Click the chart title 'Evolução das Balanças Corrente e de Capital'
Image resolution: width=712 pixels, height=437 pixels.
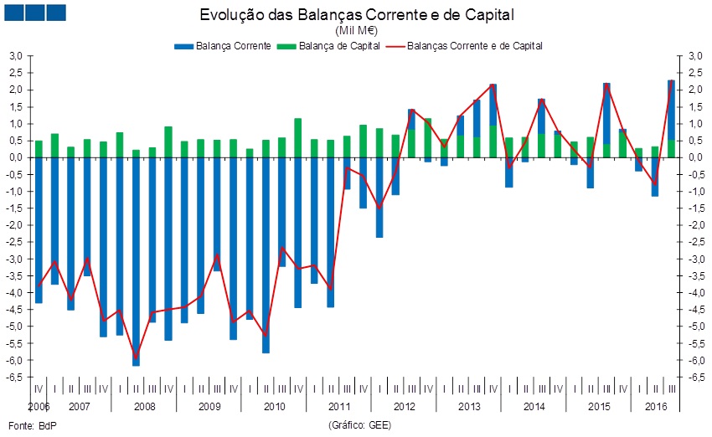(x=356, y=15)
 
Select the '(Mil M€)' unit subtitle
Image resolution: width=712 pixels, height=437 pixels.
(x=356, y=30)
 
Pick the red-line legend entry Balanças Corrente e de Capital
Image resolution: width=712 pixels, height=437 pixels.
(x=474, y=45)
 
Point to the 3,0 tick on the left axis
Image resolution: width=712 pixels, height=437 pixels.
(x=15, y=56)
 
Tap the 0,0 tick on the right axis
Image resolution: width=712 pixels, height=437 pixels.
(x=694, y=157)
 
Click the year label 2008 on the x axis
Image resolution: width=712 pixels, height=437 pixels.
(x=144, y=407)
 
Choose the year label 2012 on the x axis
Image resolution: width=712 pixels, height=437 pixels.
(x=405, y=407)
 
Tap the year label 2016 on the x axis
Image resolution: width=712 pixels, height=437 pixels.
(x=655, y=407)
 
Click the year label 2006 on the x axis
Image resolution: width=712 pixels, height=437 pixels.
(x=39, y=407)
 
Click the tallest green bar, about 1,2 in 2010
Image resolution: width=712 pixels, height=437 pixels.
(x=298, y=138)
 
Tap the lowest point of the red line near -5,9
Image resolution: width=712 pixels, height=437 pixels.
(x=136, y=357)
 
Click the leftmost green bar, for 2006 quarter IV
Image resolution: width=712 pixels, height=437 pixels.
(x=39, y=149)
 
